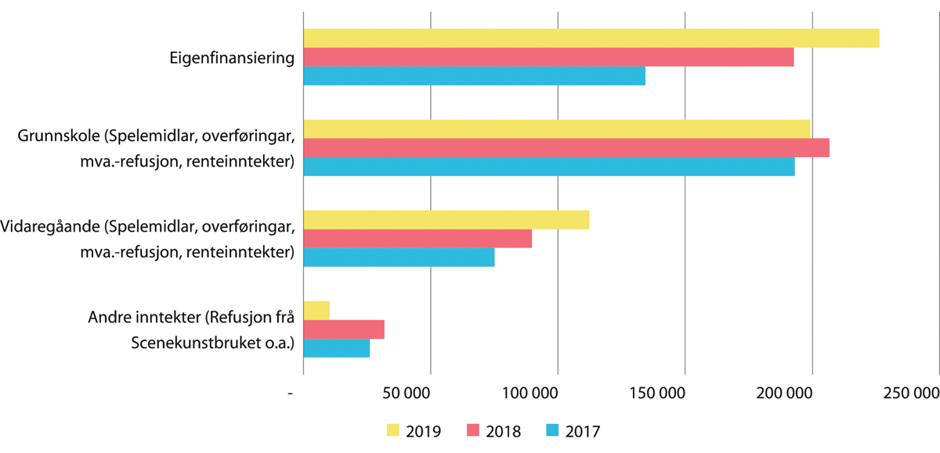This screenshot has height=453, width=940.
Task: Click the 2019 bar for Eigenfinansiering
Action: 591,38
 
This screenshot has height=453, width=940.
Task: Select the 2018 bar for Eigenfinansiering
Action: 548,57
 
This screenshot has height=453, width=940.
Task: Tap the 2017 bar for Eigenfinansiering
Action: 474,76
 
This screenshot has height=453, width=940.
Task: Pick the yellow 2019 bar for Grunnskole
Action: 556,129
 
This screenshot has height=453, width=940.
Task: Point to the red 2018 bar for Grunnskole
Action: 566,148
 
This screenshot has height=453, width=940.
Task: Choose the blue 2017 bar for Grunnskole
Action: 548,167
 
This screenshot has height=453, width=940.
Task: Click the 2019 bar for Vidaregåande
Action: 446,220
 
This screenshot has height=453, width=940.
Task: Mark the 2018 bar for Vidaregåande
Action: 418,239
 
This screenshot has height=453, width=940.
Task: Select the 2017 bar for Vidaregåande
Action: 399,257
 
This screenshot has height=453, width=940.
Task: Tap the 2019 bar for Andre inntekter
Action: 316,310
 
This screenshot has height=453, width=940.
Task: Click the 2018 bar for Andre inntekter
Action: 343,329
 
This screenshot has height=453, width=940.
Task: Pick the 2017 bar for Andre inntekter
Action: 336,348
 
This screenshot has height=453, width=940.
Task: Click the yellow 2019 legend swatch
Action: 393,430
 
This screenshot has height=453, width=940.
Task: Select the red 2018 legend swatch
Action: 472,430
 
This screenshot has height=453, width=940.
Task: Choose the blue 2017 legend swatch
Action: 551,430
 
